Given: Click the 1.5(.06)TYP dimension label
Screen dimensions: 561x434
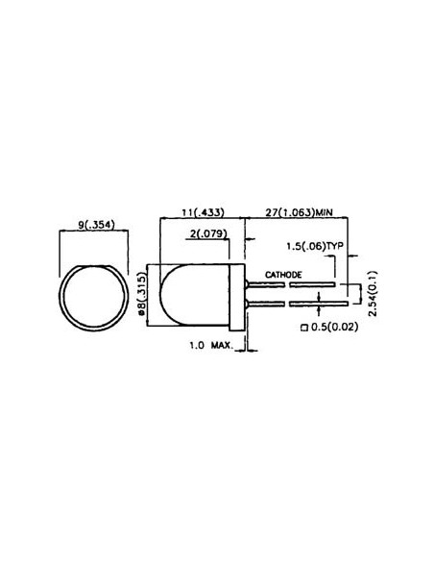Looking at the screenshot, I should tap(315, 247).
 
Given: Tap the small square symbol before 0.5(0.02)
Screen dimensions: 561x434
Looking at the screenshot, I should tap(304, 328).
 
